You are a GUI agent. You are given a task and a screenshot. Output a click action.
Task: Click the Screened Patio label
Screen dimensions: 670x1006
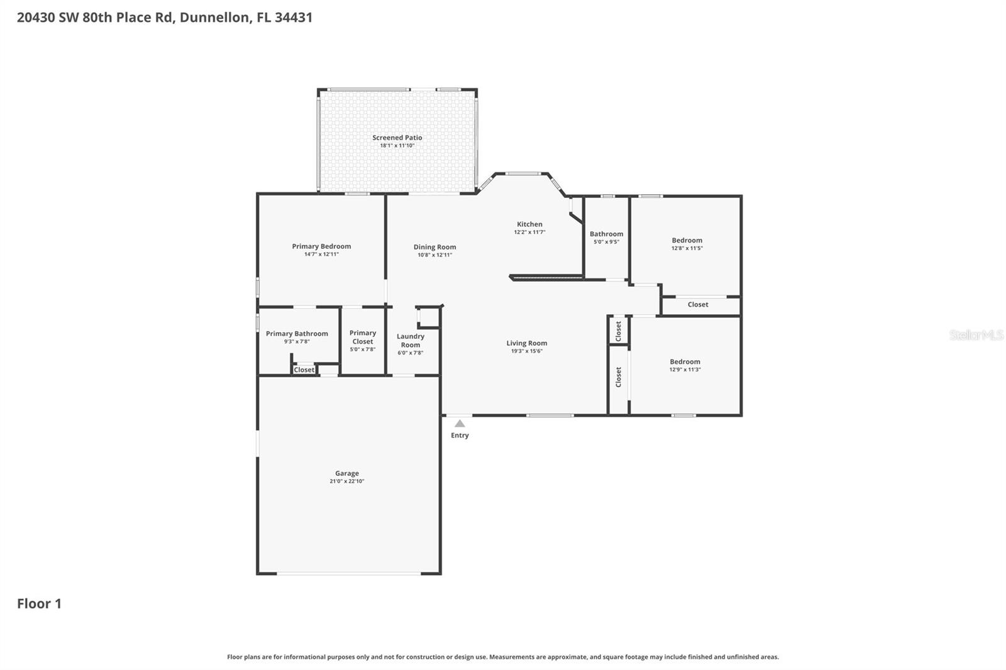tap(397, 138)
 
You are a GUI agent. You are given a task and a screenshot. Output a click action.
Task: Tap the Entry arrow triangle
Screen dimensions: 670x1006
tap(460, 424)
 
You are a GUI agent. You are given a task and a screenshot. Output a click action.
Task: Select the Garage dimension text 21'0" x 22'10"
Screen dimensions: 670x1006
tap(346, 481)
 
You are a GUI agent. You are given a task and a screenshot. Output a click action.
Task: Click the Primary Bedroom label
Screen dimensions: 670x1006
tap(321, 246)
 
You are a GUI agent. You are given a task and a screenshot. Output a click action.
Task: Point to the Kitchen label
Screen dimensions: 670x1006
tap(529, 224)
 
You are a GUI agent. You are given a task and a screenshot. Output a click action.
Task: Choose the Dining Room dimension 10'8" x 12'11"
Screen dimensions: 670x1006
tap(434, 255)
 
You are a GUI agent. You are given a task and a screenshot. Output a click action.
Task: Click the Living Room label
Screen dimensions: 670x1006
tap(526, 343)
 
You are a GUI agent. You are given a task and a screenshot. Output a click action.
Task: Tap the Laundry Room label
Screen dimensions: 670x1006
tap(410, 341)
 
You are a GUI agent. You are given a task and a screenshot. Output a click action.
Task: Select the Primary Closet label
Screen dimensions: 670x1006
tap(363, 338)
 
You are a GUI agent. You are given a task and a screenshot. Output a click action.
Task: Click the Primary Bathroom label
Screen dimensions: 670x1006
tap(297, 334)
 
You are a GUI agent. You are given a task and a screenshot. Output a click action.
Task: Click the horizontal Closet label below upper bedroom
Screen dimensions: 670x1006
tap(698, 304)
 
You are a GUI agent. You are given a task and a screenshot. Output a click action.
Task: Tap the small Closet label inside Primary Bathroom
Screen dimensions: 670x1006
tap(304, 370)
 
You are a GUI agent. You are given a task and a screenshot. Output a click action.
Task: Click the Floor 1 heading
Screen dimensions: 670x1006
tap(39, 604)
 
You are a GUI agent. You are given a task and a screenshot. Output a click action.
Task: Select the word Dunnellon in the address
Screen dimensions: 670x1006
tap(214, 18)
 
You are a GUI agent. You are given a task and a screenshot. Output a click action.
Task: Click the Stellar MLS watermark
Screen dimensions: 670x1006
tap(976, 335)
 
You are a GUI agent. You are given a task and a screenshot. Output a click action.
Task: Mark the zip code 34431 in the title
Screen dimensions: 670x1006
tap(294, 18)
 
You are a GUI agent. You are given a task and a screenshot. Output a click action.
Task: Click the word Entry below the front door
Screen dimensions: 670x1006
tap(460, 436)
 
